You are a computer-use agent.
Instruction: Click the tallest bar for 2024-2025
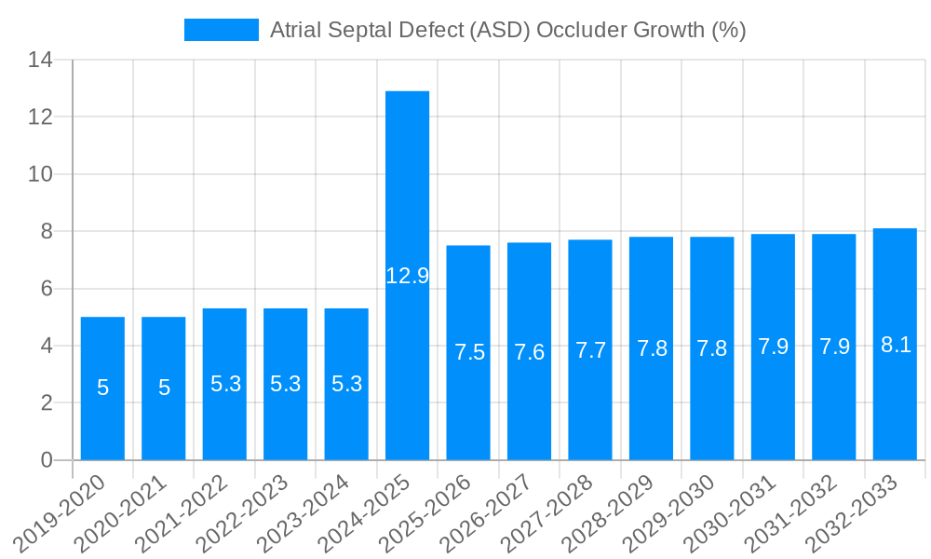point(407,186)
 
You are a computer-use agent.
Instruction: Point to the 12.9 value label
point(407,276)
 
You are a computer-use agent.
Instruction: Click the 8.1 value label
point(895,345)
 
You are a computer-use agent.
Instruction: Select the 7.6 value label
point(530,352)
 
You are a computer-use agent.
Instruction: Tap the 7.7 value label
point(590,351)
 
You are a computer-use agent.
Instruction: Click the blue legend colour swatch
point(222,30)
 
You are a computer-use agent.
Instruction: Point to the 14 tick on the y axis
point(41,61)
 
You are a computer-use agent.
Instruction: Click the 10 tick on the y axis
point(41,174)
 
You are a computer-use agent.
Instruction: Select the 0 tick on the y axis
point(47,460)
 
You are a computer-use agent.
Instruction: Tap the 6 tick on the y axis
point(47,289)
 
